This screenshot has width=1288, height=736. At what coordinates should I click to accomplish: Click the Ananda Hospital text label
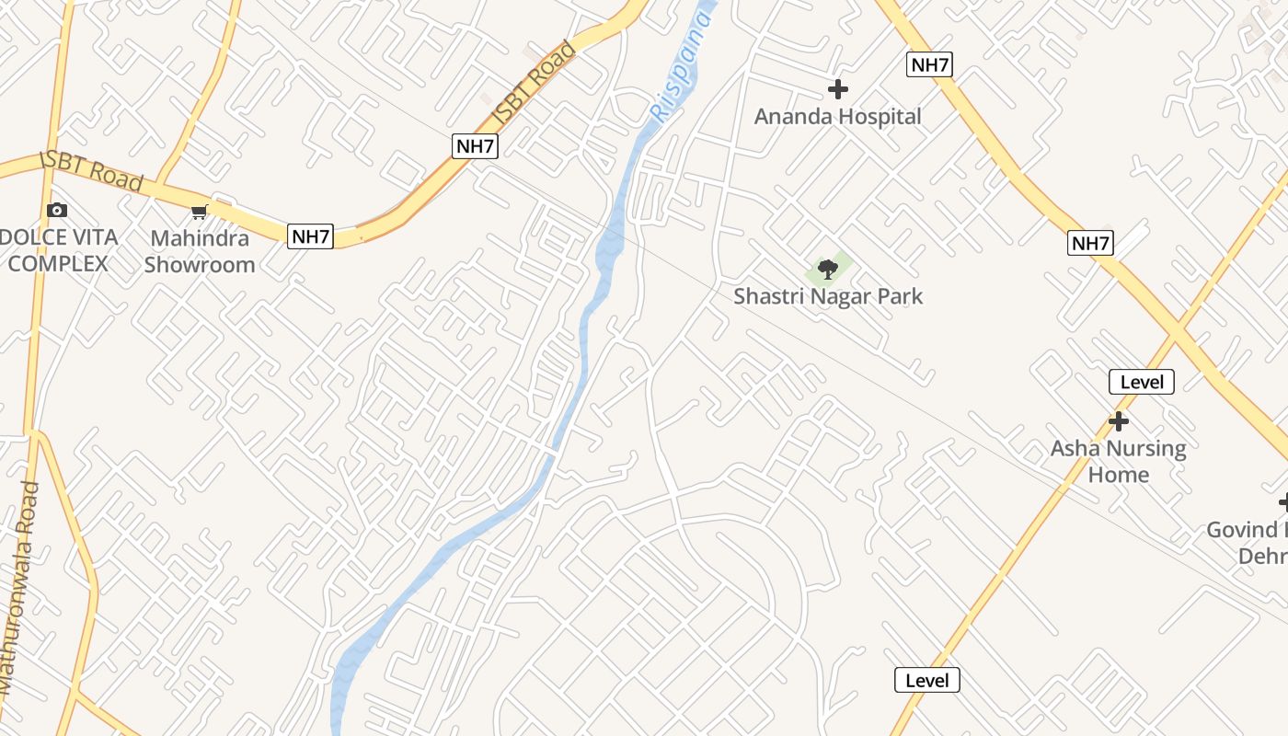pos(837,117)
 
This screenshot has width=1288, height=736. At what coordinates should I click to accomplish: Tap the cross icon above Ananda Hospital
pos(837,89)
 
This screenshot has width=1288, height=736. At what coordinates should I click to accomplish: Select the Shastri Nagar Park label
pos(828,296)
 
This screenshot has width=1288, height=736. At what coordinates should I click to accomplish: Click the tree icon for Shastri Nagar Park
pos(828,270)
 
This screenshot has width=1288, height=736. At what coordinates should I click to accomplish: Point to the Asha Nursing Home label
pos(1119,462)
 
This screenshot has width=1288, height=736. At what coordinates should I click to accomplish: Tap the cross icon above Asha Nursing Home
pos(1119,421)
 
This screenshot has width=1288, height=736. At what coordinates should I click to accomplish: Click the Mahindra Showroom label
pos(200,251)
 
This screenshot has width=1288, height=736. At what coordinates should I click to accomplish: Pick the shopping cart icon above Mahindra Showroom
pos(199,213)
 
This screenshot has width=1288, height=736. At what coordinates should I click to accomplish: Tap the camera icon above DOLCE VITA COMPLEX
pos(57,210)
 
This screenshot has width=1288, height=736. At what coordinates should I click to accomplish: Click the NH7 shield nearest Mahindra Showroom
pos(310,236)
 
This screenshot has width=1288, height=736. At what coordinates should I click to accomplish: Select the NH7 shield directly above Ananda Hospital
pos(929,64)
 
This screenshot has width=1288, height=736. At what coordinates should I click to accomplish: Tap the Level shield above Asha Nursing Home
pos(1142,382)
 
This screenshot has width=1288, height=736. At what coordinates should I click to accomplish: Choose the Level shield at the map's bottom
pos(927,681)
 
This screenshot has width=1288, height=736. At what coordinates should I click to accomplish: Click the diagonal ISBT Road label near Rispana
pos(535,84)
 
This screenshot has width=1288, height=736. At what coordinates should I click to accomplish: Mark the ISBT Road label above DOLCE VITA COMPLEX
pos(92,170)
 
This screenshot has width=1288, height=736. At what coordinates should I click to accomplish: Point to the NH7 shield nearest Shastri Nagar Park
pos(1091,243)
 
